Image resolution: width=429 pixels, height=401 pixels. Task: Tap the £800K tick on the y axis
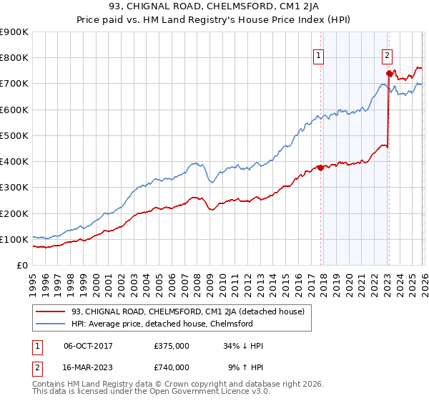tap(14, 57)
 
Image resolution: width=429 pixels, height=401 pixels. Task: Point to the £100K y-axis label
tap(14, 239)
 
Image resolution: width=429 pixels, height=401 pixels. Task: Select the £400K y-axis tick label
tap(14, 161)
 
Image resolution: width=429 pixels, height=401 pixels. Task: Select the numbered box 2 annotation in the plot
tap(387, 53)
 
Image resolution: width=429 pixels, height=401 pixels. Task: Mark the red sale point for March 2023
tap(388, 73)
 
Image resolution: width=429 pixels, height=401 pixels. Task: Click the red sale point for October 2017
tap(320, 168)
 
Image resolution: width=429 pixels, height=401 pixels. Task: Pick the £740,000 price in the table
tap(171, 367)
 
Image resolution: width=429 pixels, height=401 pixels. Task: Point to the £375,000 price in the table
tap(171, 346)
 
